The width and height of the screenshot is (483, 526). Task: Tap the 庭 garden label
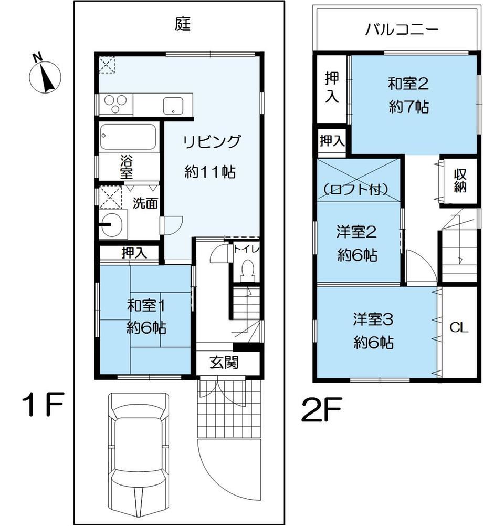pos(183,24)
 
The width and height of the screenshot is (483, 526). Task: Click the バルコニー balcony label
pos(402,30)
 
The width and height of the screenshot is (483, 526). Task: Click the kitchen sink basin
pos(173,106)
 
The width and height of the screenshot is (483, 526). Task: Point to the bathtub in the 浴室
pos(128,137)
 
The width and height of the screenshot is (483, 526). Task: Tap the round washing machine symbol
pos(113,224)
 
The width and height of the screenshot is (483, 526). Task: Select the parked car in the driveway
pos(138,457)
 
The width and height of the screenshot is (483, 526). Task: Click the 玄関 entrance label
pos(224,362)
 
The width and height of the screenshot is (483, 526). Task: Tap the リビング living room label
pos(212,141)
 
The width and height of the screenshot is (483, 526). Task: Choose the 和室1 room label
pos(146,306)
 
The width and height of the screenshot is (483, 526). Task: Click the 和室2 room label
pos(408,84)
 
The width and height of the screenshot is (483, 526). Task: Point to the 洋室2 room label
pos(356,232)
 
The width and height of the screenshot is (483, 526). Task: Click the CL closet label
pos(459,327)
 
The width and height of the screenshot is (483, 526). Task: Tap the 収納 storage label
pos(460,180)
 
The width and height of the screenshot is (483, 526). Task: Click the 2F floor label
pos(321,409)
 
